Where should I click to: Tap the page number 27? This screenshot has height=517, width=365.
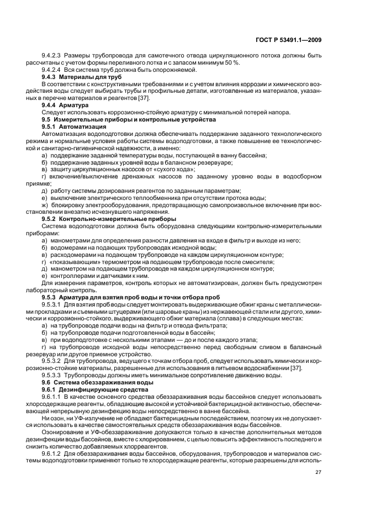click(x=318, y=472)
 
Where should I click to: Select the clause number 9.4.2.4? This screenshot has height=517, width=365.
click(x=52, y=70)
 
